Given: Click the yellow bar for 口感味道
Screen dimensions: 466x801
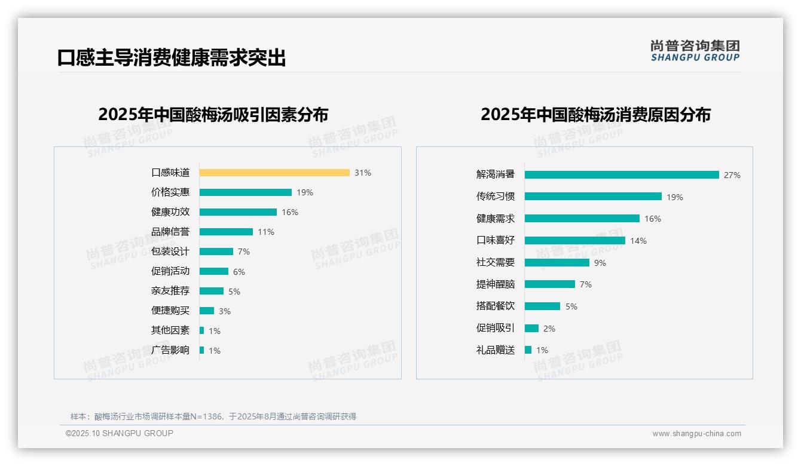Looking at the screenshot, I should [274, 173].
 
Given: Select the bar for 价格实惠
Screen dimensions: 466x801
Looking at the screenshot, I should [246, 192].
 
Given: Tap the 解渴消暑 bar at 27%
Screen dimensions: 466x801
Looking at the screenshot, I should [622, 175].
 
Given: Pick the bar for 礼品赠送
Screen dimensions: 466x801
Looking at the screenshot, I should [528, 350].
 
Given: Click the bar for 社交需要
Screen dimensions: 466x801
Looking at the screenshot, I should [557, 263].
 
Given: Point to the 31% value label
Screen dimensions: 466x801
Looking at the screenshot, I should [363, 173].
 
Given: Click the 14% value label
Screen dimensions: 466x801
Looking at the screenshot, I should [638, 241].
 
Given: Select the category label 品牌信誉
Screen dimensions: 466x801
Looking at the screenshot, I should [170, 232].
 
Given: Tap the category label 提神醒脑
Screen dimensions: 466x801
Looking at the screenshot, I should [496, 284].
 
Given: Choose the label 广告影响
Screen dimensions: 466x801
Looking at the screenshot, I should [170, 350].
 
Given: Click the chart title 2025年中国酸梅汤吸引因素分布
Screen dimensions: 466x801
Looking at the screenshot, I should [213, 115].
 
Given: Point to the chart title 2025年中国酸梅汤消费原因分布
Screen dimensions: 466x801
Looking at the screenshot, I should [595, 115].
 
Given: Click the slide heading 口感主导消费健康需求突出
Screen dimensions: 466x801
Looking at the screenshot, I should [172, 58].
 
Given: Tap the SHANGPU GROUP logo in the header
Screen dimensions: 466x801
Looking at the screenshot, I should [695, 51].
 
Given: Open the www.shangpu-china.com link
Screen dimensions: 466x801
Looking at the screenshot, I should [696, 434].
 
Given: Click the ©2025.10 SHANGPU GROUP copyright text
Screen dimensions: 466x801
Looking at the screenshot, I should [120, 433].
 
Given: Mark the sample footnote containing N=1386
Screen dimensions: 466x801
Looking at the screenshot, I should [213, 416].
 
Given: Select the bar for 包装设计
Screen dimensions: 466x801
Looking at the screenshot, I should [216, 252].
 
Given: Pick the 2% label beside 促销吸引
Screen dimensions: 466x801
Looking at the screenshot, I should [549, 329].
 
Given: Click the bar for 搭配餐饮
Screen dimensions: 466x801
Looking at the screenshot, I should [543, 306].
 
